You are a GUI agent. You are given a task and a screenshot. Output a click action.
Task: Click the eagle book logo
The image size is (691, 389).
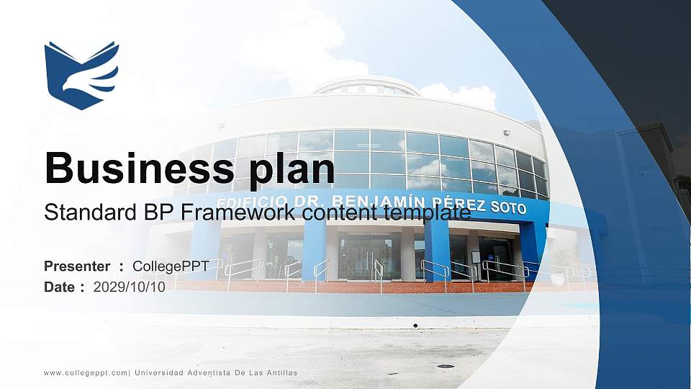pos(81,76)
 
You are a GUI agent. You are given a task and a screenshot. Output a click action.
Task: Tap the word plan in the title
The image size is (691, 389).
pos(292,172)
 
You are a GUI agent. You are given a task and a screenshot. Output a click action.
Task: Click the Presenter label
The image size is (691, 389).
pos(77,267)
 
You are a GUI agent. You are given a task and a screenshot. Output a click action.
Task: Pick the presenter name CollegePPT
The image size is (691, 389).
pos(171,267)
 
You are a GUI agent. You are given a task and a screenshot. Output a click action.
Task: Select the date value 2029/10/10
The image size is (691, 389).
pos(129,287)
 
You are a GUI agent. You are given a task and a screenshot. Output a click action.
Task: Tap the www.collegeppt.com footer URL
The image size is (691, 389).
pos(86,373)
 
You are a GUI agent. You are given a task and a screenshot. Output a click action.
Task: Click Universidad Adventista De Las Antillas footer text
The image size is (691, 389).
pos(216,372)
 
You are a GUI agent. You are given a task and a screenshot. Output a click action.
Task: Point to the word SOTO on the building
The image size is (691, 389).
pos(508,207)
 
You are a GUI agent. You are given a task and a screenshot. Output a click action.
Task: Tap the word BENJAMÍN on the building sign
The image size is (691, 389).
pos(378,201)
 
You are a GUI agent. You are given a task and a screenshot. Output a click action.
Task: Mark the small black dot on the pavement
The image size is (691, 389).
pos(415,326)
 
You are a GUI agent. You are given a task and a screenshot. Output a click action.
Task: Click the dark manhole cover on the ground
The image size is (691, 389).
pos(445,366)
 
